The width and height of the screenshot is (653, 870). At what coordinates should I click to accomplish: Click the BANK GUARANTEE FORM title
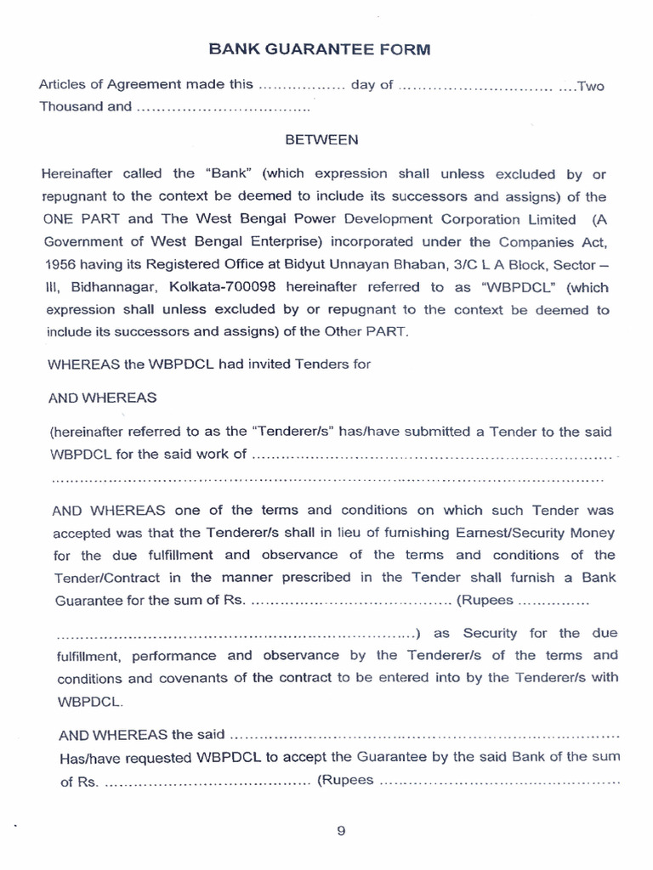coord(320,49)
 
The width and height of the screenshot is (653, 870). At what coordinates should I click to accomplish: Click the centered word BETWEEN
coord(321,139)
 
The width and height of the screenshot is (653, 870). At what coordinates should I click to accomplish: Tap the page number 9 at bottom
coord(341,832)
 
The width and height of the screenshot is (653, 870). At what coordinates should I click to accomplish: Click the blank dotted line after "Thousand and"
coord(223,108)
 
